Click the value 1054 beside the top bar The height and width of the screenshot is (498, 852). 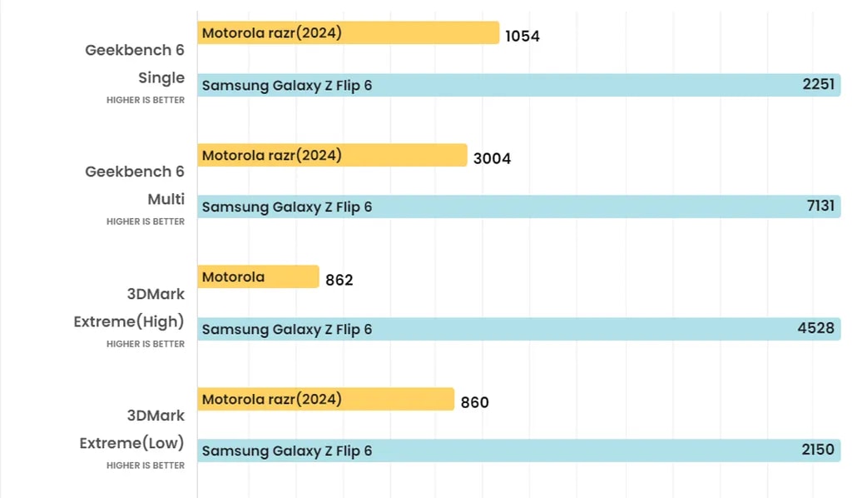click(x=523, y=36)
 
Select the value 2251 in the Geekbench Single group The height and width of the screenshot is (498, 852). click(x=819, y=84)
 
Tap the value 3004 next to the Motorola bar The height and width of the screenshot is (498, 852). click(x=492, y=158)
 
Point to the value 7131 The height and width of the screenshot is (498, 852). click(x=820, y=206)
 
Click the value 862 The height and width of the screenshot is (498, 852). click(x=339, y=280)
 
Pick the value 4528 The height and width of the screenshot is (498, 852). click(x=815, y=328)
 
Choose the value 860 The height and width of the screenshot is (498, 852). click(x=475, y=402)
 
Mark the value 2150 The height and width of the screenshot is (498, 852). click(x=818, y=450)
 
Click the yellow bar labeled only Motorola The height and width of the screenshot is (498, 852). click(x=258, y=276)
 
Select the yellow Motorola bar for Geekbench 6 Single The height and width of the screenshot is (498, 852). click(x=348, y=32)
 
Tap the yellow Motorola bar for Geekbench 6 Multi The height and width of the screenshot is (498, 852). click(x=332, y=155)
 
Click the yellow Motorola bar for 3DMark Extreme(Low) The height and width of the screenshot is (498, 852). click(x=325, y=399)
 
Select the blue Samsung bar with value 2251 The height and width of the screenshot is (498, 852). click(x=518, y=85)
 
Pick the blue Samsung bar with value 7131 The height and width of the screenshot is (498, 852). click(x=518, y=207)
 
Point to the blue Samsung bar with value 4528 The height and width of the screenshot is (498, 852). click(x=518, y=329)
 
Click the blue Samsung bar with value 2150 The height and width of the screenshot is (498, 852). click(x=518, y=451)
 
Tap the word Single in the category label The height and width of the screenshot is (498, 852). click(x=161, y=77)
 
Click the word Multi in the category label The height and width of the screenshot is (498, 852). click(x=166, y=199)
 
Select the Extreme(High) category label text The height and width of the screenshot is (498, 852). click(x=129, y=321)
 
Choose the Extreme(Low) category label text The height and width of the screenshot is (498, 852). click(x=131, y=442)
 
